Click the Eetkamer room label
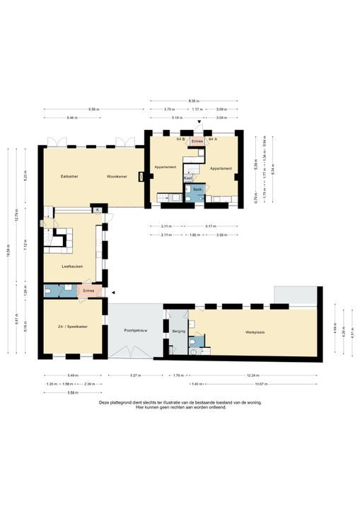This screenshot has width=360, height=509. [69, 176]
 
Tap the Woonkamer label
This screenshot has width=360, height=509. [117, 176]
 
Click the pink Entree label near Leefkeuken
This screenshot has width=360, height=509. [88, 291]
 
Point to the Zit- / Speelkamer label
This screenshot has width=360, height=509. [73, 327]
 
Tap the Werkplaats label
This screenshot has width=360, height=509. [255, 332]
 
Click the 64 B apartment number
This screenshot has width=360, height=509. [180, 140]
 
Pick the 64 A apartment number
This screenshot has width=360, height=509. [212, 140]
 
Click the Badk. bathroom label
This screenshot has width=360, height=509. [198, 189]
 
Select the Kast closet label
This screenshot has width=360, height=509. [188, 177]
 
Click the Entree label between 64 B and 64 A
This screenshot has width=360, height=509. [197, 141]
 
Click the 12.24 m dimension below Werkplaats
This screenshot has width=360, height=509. [252, 375]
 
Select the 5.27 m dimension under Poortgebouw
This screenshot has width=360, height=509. [134, 375]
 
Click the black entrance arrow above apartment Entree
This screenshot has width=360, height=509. [199, 122]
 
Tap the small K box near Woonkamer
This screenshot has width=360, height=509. [96, 210]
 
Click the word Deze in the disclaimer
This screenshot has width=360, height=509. [105, 402]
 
